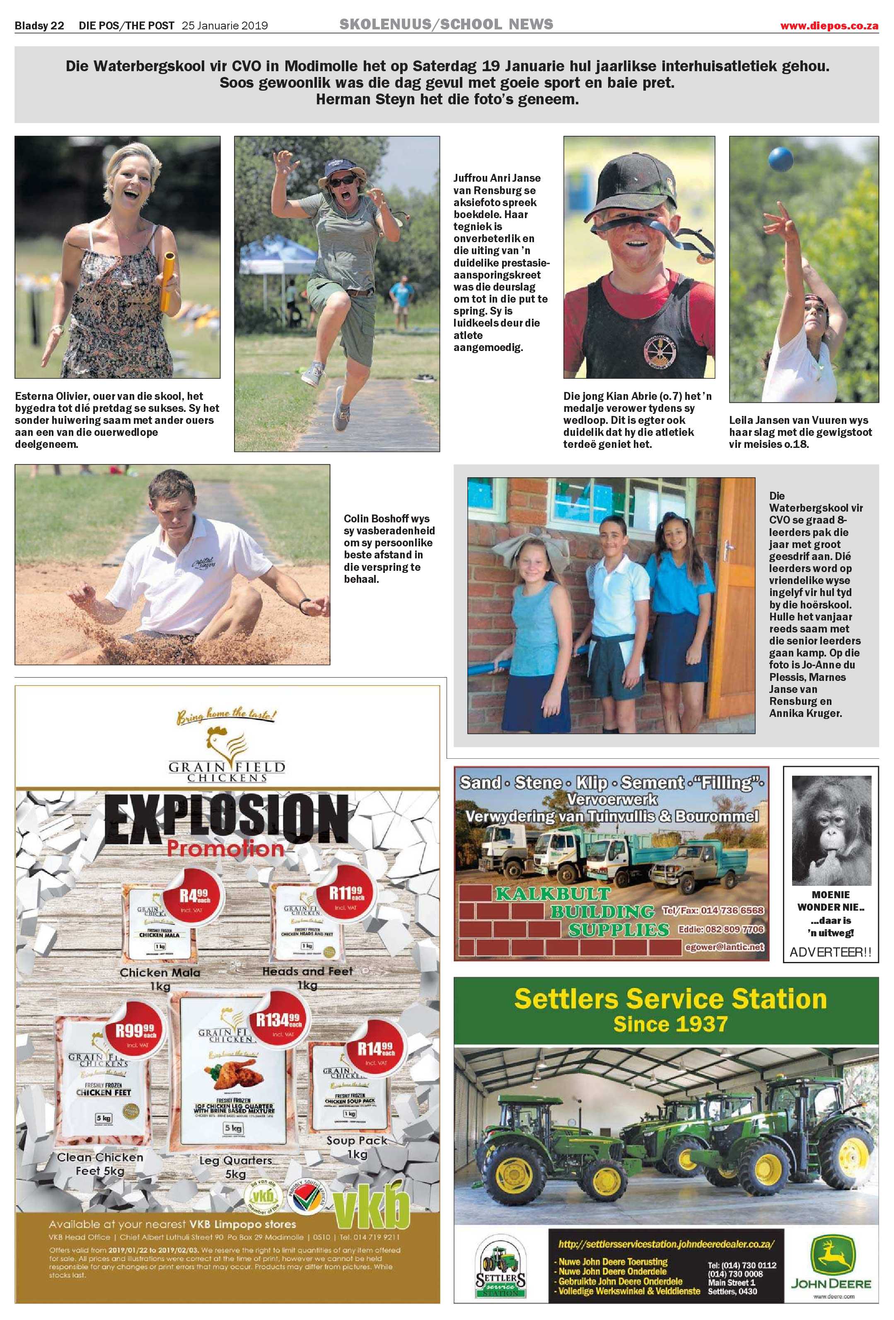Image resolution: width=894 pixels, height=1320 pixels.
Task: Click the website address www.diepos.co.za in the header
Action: click(829, 26)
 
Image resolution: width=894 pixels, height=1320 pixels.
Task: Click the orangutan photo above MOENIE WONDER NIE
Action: click(831, 829)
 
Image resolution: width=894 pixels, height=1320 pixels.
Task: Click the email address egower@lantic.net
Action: click(725, 947)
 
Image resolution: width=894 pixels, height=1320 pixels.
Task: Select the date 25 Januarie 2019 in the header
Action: click(225, 26)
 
